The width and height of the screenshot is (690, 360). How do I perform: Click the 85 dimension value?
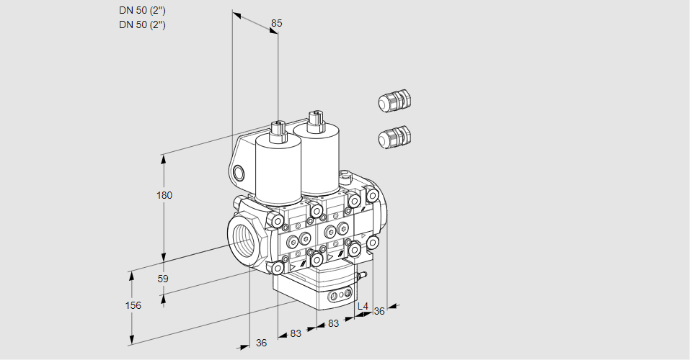click(276, 23)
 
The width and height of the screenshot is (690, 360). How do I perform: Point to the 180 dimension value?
click(165, 195)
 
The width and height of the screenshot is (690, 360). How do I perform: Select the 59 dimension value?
click(163, 279)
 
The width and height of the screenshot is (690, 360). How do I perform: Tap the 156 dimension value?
click(133, 305)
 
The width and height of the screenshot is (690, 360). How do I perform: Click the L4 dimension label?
click(363, 307)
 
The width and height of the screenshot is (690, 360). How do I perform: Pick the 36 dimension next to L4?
click(379, 311)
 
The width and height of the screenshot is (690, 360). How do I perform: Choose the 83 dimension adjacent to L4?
click(333, 323)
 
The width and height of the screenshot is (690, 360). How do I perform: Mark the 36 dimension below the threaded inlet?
click(262, 343)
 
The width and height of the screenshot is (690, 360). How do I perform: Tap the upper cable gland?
click(394, 102)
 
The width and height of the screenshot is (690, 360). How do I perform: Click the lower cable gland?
click(394, 137)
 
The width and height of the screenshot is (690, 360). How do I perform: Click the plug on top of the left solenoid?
click(278, 130)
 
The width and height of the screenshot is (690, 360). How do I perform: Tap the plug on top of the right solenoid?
click(314, 120)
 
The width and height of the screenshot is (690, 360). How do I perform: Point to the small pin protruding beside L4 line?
click(363, 274)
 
